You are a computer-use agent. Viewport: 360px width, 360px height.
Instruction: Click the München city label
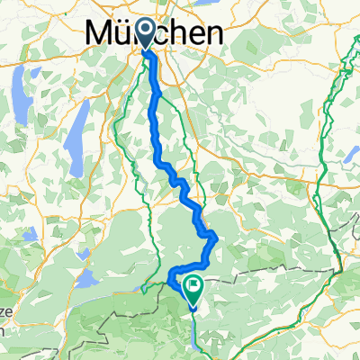coord(156,34)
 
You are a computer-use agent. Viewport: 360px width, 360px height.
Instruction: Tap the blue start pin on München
coord(146,34)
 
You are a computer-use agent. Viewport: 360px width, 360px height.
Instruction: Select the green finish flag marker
coord(193,286)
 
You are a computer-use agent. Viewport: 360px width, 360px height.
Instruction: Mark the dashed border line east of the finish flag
coord(270,268)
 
